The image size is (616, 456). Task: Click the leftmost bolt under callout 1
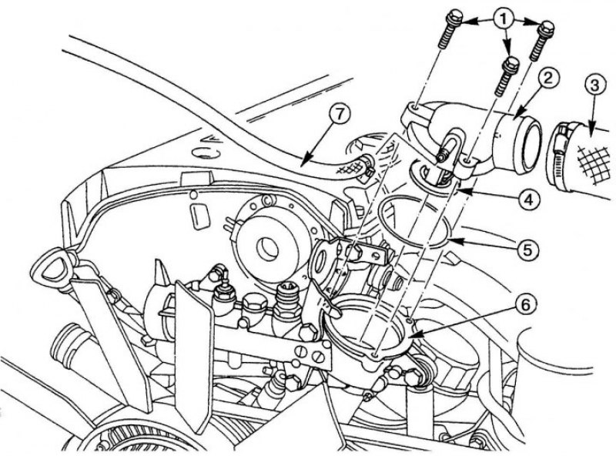(x=450, y=29)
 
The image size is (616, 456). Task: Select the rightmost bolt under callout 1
(x=541, y=41)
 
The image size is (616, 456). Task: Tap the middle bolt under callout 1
(x=506, y=76)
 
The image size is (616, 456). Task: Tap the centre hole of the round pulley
(x=267, y=248)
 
